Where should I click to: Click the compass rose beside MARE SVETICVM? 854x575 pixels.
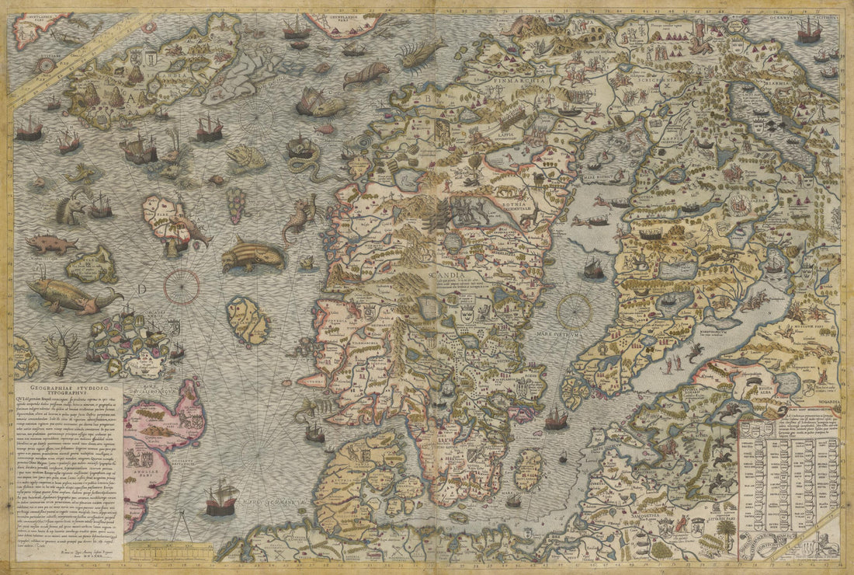point(574,310)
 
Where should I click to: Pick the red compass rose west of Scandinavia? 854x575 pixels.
point(181,285)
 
